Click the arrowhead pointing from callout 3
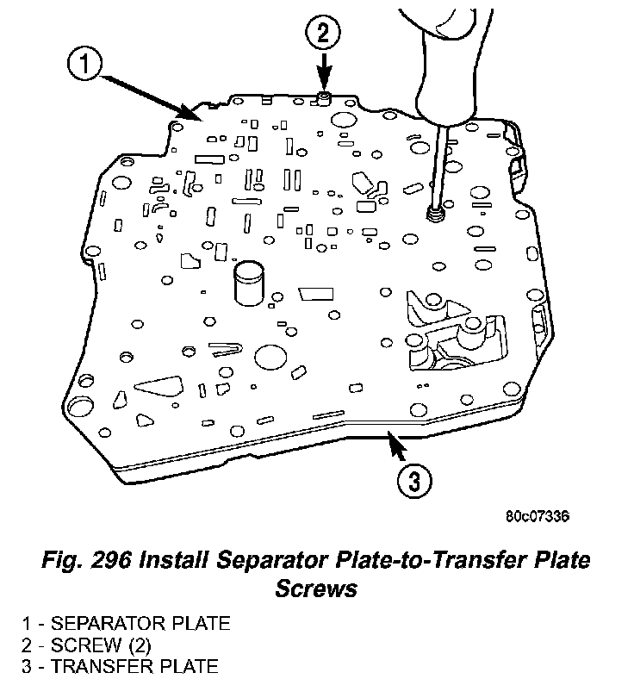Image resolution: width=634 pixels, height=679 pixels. tap(395, 443)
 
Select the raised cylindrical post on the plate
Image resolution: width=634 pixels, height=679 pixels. tap(249, 284)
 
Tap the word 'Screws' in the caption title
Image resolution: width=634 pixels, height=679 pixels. tap(317, 589)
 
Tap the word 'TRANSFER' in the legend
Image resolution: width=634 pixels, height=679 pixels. tap(127, 665)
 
